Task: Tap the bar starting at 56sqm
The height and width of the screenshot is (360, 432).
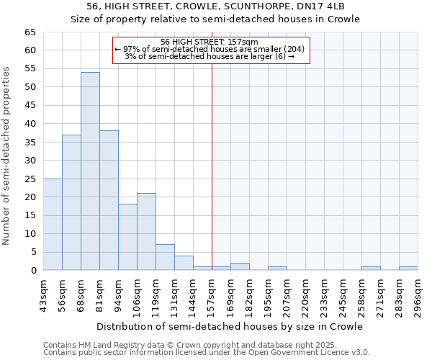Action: point(71,202)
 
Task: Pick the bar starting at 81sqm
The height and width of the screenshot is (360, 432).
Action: point(109,200)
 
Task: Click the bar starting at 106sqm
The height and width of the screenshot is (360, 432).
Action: point(146,232)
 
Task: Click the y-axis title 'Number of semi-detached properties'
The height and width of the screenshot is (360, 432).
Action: point(8,155)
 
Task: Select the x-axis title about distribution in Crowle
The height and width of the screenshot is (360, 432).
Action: point(230,327)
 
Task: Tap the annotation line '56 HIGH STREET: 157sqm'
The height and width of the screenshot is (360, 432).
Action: point(210,42)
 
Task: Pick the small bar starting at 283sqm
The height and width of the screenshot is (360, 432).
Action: point(408,269)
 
